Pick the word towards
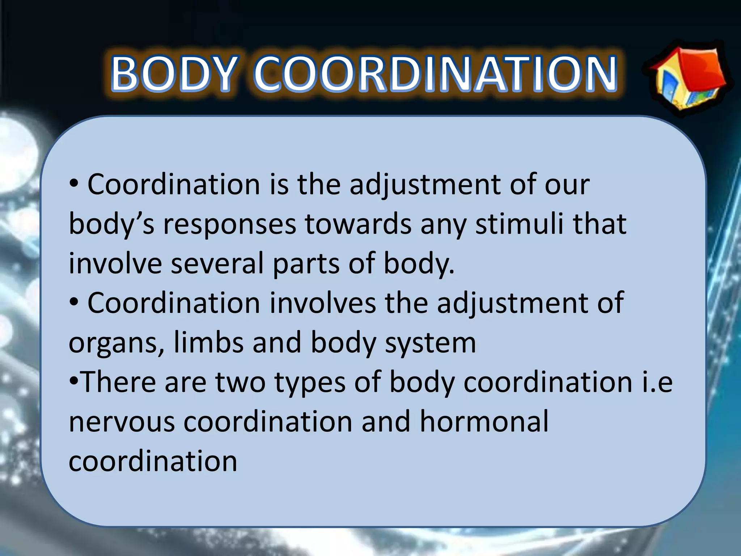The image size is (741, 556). [x=358, y=224]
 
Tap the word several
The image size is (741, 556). [x=217, y=263]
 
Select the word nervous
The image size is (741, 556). [x=122, y=422]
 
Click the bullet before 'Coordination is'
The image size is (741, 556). [x=74, y=185]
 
